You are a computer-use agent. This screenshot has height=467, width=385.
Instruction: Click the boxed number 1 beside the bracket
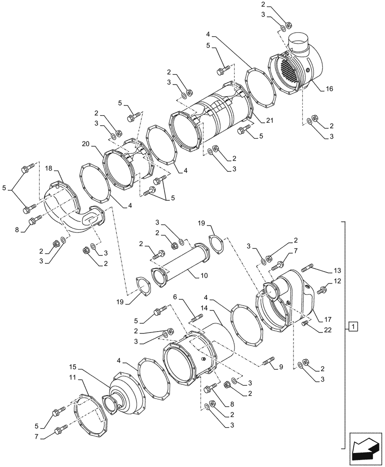pyautogui.click(x=354, y=326)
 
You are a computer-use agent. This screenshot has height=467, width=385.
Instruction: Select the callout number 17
pyautogui.click(x=328, y=320)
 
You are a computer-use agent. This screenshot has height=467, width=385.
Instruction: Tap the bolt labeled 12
pyautogui.click(x=322, y=290)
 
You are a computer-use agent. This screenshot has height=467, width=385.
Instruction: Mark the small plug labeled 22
pyautogui.click(x=305, y=323)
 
